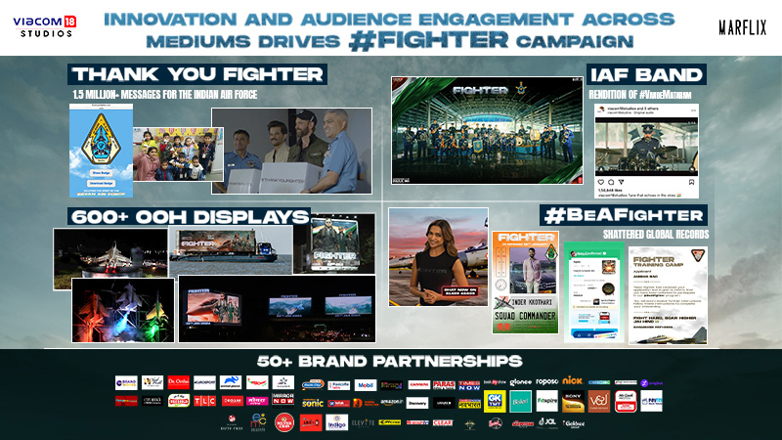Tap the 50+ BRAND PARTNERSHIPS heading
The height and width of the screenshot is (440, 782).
[390, 361]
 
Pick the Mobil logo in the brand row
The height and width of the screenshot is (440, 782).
[365, 384]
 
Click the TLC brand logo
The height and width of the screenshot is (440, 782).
[205, 401]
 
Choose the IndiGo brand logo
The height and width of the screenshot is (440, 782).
[337, 422]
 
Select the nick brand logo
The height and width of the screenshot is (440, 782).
[573, 381]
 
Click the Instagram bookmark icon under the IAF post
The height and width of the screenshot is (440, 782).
[692, 181]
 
